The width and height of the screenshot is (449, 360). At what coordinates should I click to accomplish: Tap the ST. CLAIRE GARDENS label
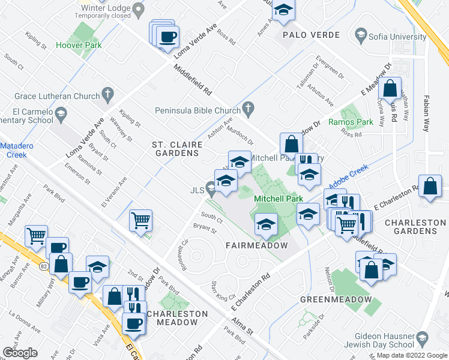175,149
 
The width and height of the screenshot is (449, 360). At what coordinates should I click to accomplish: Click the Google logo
20,352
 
